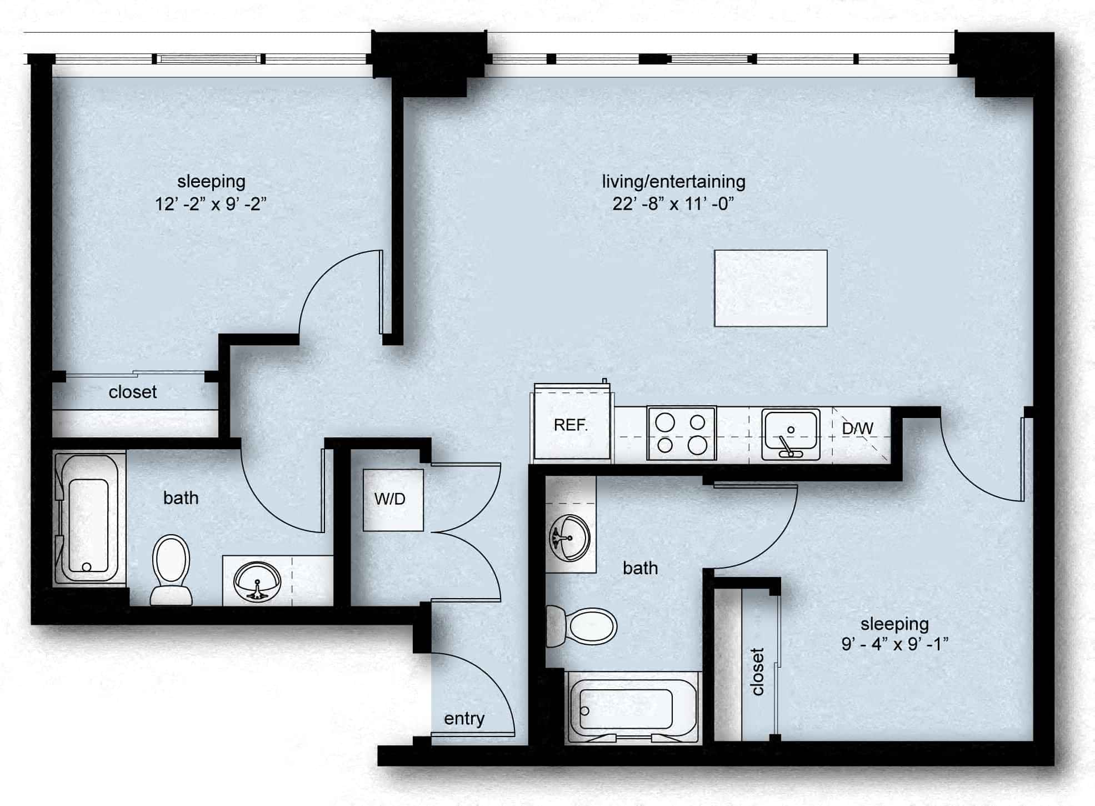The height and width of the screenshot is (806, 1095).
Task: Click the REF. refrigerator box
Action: pyautogui.click(x=571, y=425)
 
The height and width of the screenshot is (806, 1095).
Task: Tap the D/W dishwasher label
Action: pyautogui.click(x=857, y=428)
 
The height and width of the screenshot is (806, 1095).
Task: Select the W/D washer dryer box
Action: pyautogui.click(x=393, y=499)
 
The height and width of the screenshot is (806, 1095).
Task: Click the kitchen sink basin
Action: pyautogui.click(x=791, y=434)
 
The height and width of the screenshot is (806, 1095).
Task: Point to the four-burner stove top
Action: pyautogui.click(x=681, y=434)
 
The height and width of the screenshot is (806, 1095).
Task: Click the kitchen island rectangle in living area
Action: pyautogui.click(x=771, y=288)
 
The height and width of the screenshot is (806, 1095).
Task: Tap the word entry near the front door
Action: pyautogui.click(x=464, y=719)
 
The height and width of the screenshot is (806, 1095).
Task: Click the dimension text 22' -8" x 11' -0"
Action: pyautogui.click(x=673, y=204)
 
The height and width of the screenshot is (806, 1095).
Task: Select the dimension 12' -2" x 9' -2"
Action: pyautogui.click(x=211, y=204)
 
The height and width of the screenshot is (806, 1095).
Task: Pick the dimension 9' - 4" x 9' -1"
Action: pyautogui.click(x=894, y=644)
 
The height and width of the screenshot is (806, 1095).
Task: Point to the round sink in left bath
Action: pyautogui.click(x=257, y=580)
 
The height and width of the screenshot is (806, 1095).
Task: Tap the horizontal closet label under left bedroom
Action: pyautogui.click(x=132, y=392)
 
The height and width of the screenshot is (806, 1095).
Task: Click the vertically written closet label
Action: pyautogui.click(x=757, y=671)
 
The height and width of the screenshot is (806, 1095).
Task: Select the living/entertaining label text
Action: pyautogui.click(x=673, y=181)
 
